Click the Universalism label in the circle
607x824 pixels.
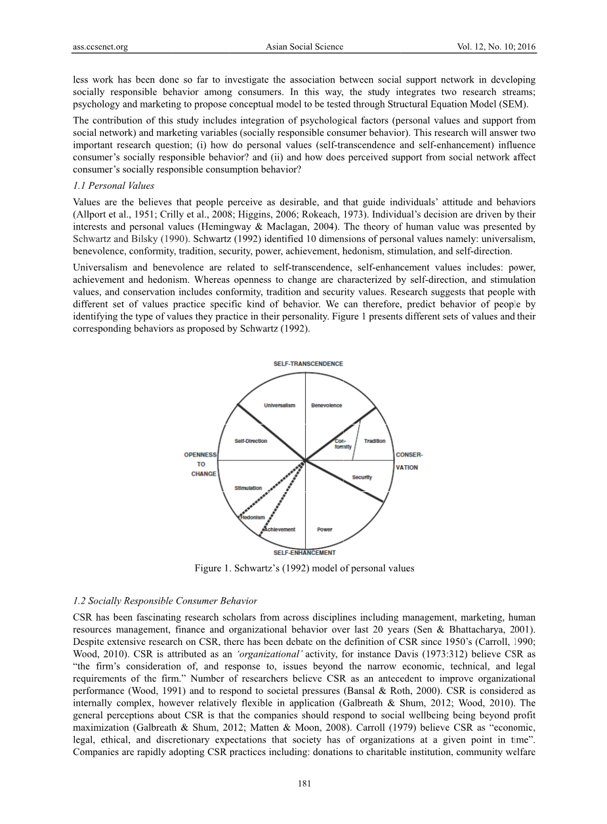point(280,405)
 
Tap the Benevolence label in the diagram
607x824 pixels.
point(326,405)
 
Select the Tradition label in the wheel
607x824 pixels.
point(375,441)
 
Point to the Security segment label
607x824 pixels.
point(362,477)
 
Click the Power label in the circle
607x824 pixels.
point(325,529)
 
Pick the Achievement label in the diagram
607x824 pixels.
point(280,529)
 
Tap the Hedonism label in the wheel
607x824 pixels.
point(252,517)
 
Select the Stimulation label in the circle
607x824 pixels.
point(248,488)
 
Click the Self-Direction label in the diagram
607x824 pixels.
point(251,441)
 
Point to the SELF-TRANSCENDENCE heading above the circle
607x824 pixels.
point(308,364)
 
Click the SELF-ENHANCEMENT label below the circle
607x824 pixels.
point(304,553)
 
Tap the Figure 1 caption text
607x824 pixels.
point(304,568)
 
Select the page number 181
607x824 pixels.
point(303,783)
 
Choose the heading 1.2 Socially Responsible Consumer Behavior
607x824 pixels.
point(165,601)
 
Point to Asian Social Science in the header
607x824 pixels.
point(304,47)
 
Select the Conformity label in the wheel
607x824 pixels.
point(343,443)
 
